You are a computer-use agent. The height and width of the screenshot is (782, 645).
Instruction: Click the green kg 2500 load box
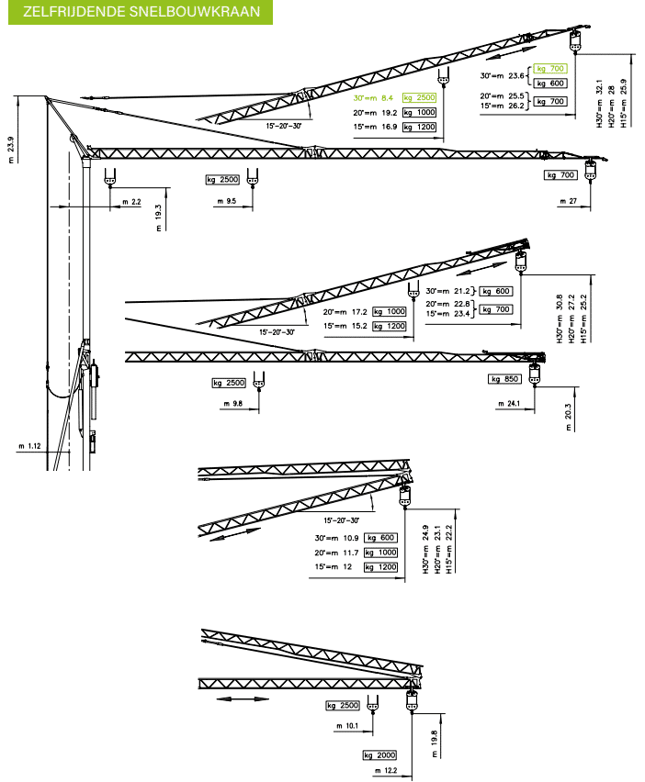pos(418,97)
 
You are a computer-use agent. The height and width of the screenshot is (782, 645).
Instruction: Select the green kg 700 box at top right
pos(549,68)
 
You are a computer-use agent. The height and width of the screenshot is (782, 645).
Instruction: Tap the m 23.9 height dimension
pos(10,149)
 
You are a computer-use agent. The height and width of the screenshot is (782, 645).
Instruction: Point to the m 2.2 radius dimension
pos(131,201)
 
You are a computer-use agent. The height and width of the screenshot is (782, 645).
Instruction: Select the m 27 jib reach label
pos(567,199)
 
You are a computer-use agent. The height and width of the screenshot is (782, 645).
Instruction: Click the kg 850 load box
pos(506,379)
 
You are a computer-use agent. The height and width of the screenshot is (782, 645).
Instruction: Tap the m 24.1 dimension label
pos(509,404)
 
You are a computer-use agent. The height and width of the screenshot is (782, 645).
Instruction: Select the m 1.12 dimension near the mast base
pos(30,446)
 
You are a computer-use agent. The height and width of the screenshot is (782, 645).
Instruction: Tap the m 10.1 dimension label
pos(347,726)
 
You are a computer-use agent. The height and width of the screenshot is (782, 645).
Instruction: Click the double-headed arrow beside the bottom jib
pos(238,698)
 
